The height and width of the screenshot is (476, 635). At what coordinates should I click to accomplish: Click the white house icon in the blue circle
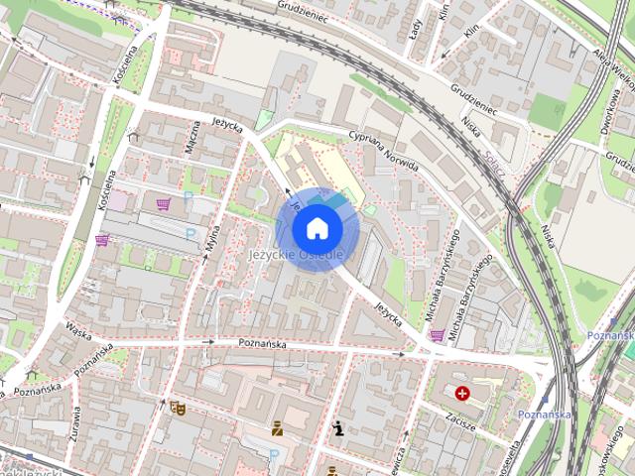pyautogui.click(x=317, y=228)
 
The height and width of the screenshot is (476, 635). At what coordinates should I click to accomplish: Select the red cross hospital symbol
pyautogui.click(x=461, y=394)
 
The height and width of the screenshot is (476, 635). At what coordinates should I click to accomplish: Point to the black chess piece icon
pyautogui.click(x=339, y=428)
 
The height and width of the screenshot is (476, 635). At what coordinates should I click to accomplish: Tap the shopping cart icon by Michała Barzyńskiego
pyautogui.click(x=436, y=335)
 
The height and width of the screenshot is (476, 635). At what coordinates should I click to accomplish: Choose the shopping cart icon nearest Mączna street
pyautogui.click(x=163, y=204)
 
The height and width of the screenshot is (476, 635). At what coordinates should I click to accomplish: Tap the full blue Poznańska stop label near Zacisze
pyautogui.click(x=544, y=414)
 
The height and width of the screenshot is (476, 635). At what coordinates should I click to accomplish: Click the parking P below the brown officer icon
pyautogui.click(x=274, y=454)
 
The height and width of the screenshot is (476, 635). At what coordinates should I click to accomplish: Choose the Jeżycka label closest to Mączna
pyautogui.click(x=227, y=126)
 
